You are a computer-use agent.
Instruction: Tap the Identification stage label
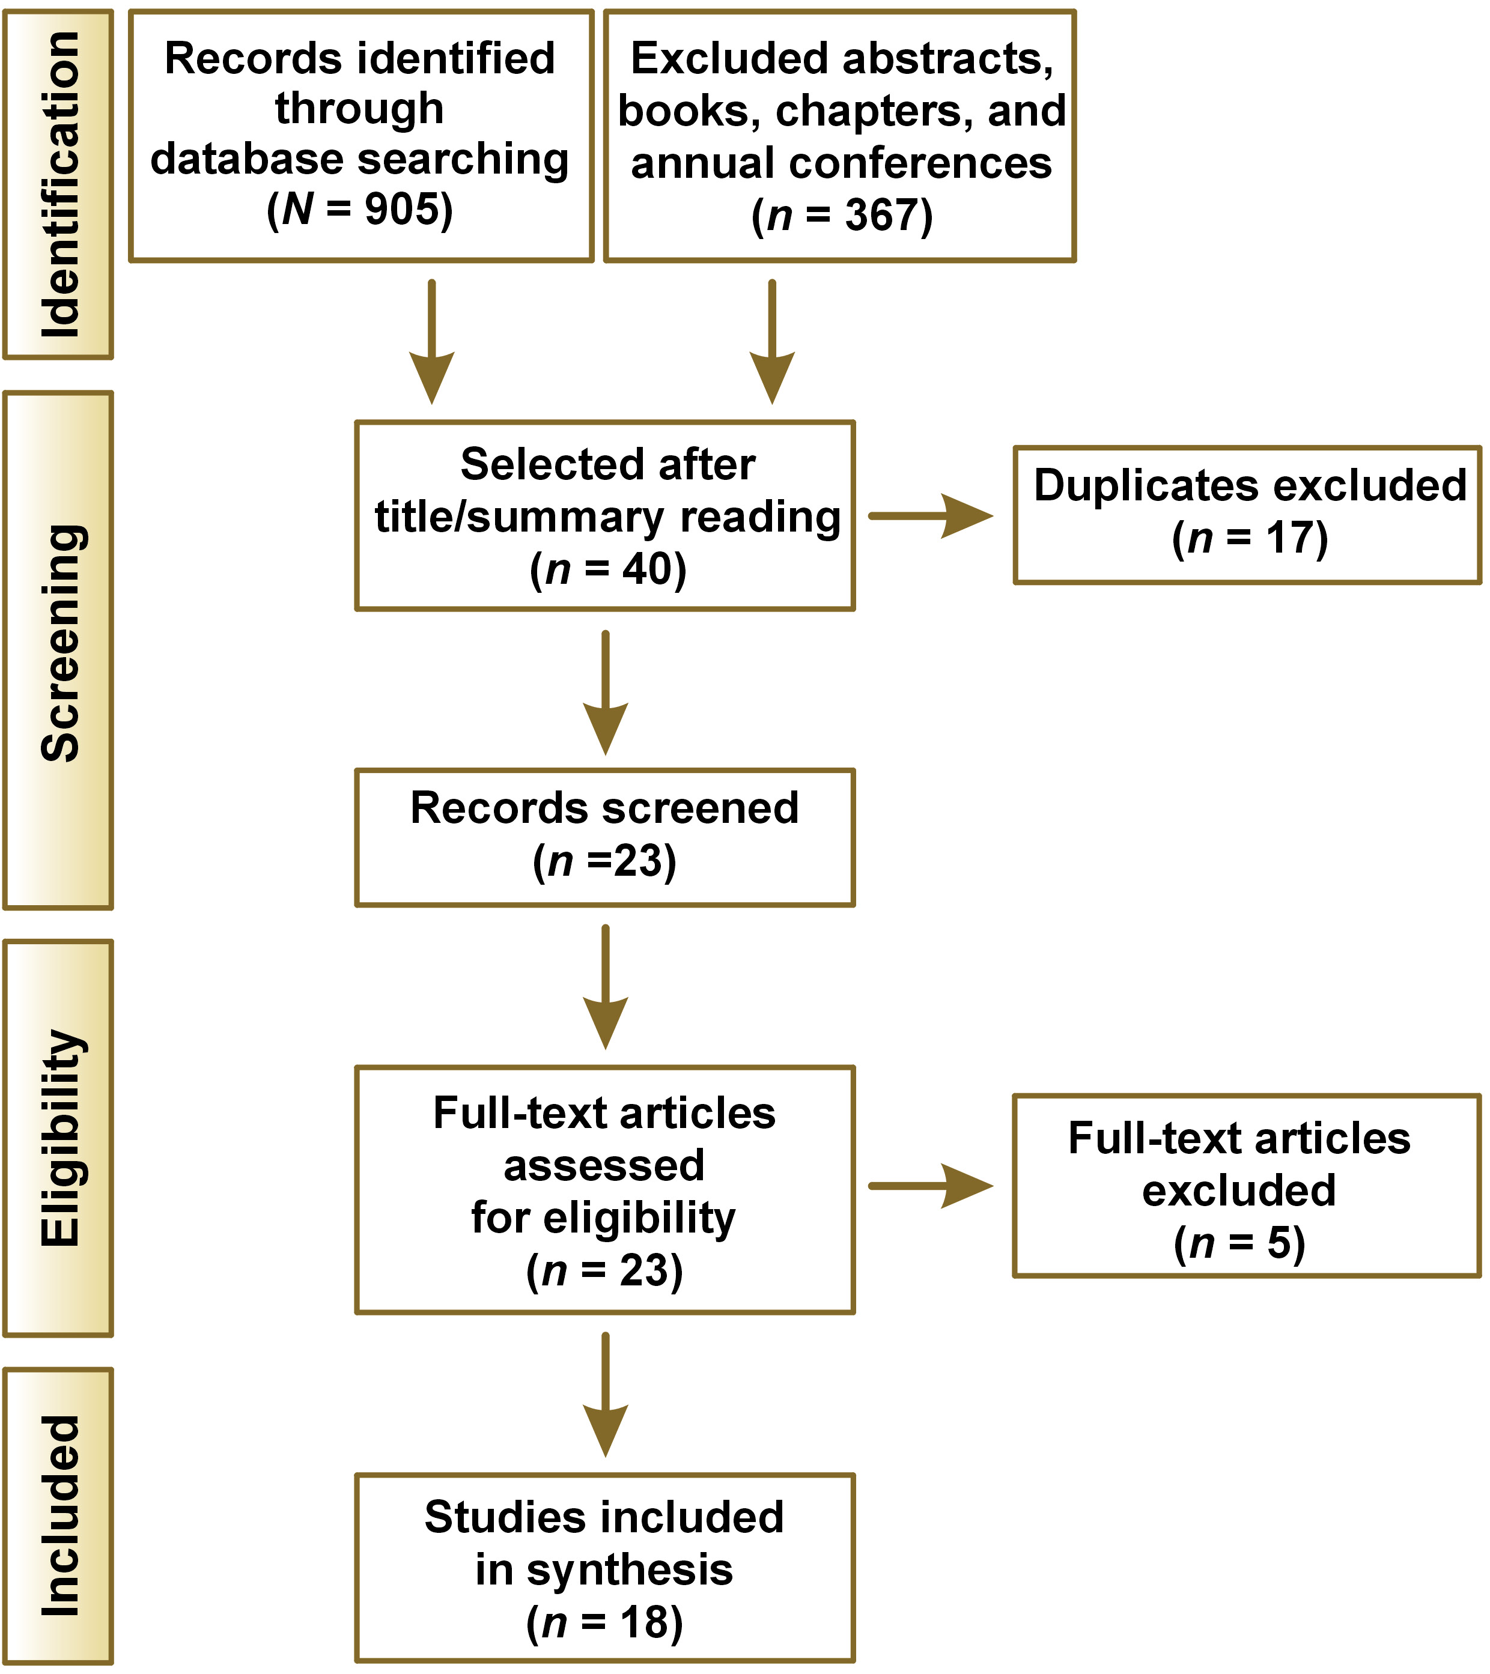coord(59,184)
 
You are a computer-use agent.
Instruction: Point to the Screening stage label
coord(59,644)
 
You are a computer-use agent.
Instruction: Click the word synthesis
coord(629,1571)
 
